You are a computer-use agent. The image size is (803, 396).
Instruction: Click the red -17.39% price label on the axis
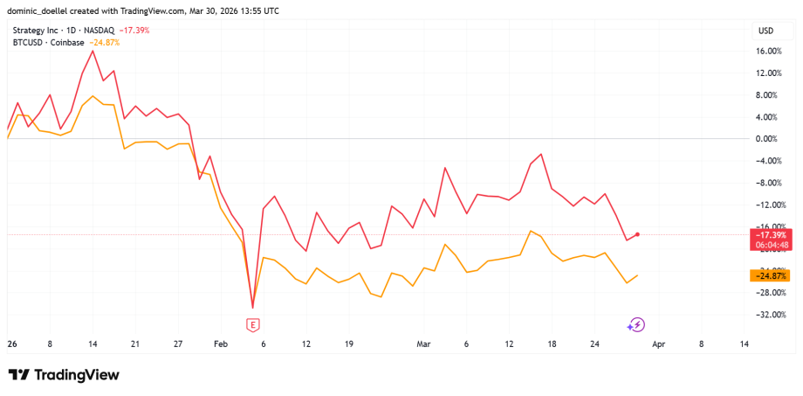click(772, 235)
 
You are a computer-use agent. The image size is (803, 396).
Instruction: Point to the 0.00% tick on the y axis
click(768, 139)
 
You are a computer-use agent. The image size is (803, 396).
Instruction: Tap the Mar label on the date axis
click(424, 344)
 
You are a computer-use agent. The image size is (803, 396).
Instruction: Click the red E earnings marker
click(253, 325)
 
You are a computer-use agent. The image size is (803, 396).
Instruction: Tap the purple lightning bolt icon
click(636, 325)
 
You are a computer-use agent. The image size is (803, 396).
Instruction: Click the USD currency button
click(766, 31)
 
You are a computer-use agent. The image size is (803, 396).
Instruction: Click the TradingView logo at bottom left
click(64, 375)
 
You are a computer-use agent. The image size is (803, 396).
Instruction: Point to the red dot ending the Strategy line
click(638, 234)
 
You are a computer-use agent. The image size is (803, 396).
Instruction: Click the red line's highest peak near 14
click(93, 51)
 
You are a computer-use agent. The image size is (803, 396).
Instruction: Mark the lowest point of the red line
click(253, 308)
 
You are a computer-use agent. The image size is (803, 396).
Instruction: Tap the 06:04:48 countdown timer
click(772, 246)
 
